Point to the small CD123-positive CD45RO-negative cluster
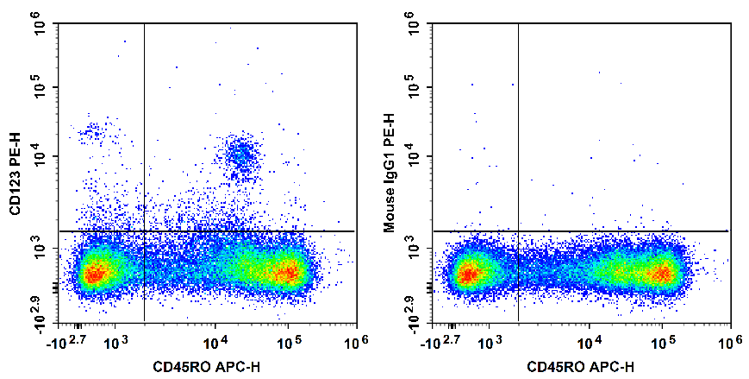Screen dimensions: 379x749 (x=91, y=132)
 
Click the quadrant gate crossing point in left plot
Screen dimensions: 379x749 (x=144, y=231)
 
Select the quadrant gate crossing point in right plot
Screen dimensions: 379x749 (x=518, y=231)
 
